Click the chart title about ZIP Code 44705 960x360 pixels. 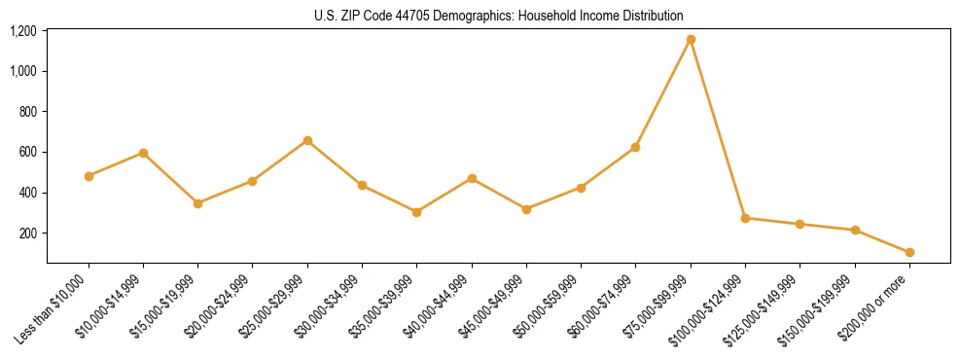pos(499,16)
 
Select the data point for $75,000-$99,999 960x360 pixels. pos(691,40)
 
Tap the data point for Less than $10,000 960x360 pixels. pos(89,176)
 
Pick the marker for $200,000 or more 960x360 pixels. pos(909,253)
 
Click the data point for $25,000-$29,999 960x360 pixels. pos(307,140)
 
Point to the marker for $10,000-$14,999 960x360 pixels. pos(143,153)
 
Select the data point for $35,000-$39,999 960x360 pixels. pos(417,212)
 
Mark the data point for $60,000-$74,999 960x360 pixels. pos(635,147)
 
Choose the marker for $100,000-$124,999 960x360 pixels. pos(745,218)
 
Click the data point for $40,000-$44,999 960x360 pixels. pos(472,178)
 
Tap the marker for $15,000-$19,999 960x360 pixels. pos(197,203)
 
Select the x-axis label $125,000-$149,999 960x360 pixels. pos(766,308)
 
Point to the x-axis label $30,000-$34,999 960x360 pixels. pos(332,306)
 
